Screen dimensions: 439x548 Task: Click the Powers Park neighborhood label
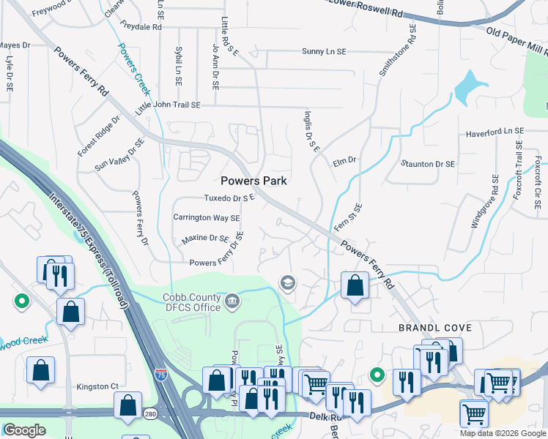click(x=253, y=181)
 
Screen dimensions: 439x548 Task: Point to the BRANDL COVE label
click(x=427, y=329)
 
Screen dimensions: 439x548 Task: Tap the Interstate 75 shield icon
click(x=161, y=374)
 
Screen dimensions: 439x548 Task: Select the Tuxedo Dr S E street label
click(x=229, y=198)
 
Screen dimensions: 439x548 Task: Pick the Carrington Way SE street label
click(x=206, y=218)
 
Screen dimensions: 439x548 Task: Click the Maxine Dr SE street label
click(x=205, y=239)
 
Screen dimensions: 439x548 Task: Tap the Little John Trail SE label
click(x=168, y=106)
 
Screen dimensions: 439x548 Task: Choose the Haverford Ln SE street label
click(x=495, y=132)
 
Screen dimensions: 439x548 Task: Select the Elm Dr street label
click(x=344, y=160)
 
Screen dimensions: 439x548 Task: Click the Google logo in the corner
click(x=24, y=430)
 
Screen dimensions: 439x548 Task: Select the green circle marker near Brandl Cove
click(x=377, y=375)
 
